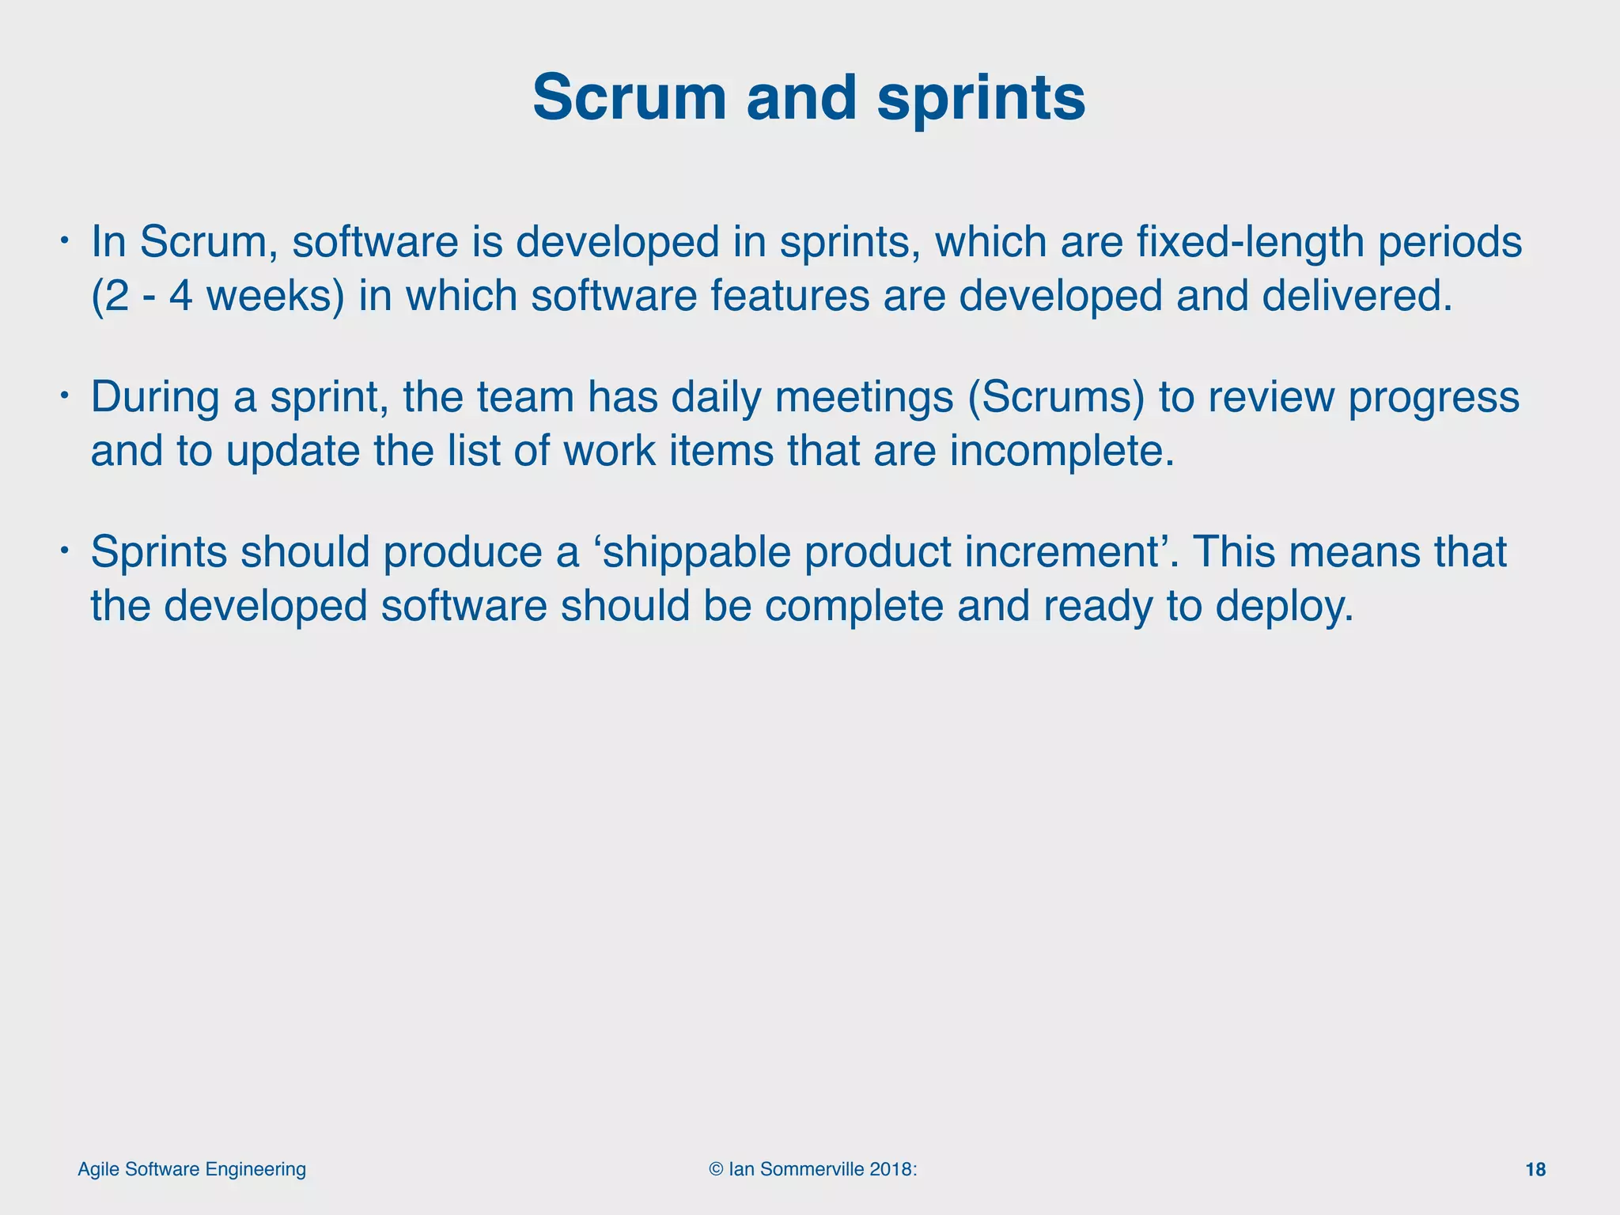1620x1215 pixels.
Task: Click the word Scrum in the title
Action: pyautogui.click(x=630, y=98)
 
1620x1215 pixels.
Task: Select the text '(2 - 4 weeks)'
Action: pyautogui.click(x=218, y=296)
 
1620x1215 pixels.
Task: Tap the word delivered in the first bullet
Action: pyautogui.click(x=1357, y=296)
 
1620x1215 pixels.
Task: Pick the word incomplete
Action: pyautogui.click(x=1062, y=451)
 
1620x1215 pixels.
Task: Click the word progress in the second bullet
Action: pyautogui.click(x=1433, y=397)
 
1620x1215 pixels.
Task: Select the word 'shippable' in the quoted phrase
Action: pyautogui.click(x=691, y=552)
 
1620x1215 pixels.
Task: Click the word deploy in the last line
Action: pyautogui.click(x=1283, y=606)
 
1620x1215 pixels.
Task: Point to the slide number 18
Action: pyautogui.click(x=1535, y=1170)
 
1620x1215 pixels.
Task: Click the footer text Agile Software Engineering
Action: pyautogui.click(x=192, y=1169)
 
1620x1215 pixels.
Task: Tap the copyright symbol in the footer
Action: pyautogui.click(x=716, y=1170)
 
